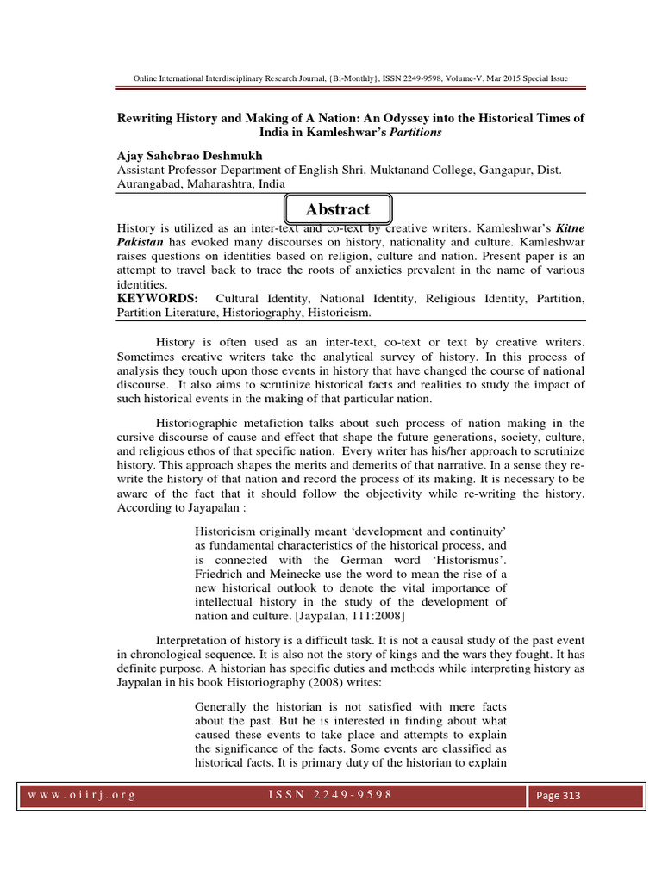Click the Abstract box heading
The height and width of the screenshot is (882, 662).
337,209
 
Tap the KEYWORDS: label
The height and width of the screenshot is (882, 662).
158,298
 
